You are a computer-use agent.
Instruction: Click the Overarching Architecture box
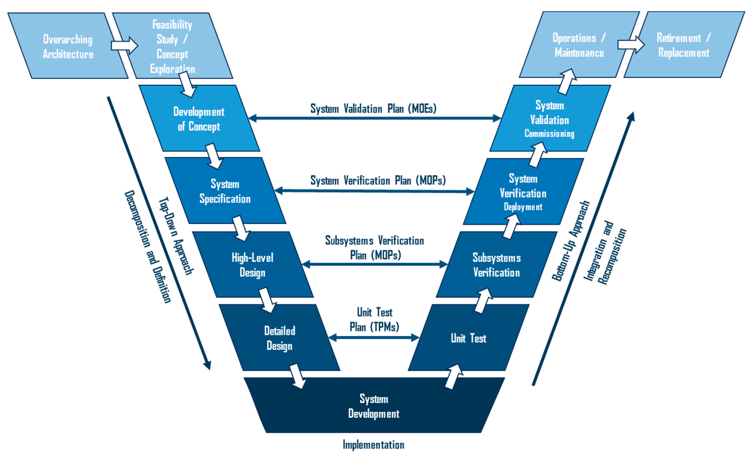click(68, 46)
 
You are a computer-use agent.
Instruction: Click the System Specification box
click(225, 191)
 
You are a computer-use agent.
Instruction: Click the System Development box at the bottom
click(374, 406)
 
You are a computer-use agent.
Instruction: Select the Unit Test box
click(468, 338)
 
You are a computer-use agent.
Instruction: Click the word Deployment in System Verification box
click(523, 207)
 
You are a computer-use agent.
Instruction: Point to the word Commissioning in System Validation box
click(549, 134)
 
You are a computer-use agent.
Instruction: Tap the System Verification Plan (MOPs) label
click(378, 180)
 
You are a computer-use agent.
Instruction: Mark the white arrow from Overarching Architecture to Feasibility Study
click(125, 46)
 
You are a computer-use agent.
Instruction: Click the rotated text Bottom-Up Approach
click(571, 241)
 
